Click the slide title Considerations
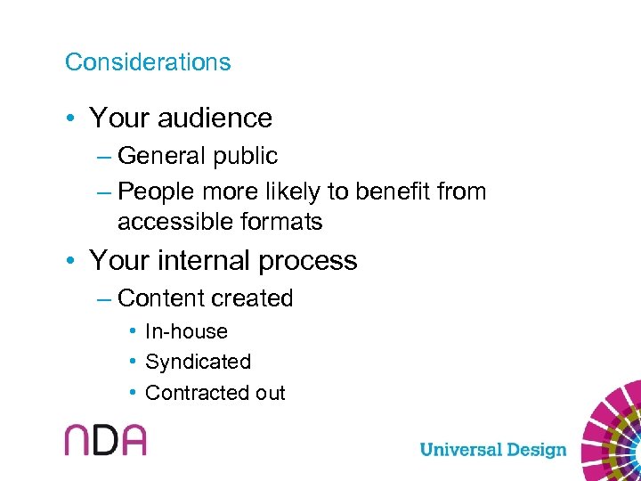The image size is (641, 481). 148,62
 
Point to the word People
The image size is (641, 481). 153,192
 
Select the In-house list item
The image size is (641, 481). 186,331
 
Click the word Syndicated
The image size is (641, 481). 198,362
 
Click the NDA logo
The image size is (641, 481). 105,439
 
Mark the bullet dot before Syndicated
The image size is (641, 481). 132,362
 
